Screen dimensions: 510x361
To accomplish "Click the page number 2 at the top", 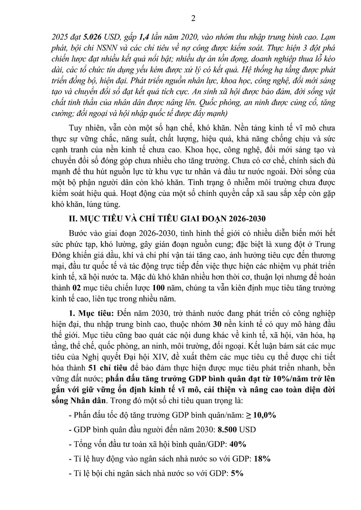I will [193, 18].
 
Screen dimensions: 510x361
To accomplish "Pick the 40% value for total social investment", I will [237, 444].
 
